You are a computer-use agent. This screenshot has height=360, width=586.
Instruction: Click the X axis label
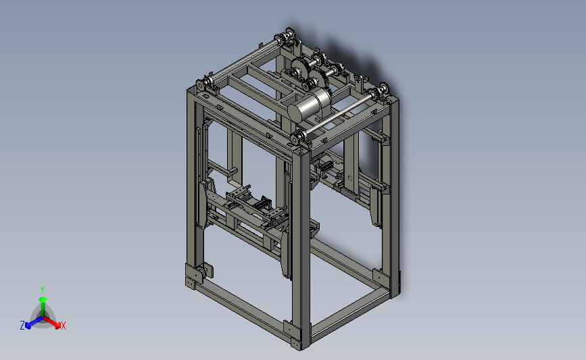pyautogui.click(x=64, y=326)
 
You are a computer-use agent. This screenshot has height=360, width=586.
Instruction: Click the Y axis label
pyautogui.click(x=43, y=290)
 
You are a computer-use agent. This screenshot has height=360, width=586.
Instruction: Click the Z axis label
pyautogui.click(x=22, y=326)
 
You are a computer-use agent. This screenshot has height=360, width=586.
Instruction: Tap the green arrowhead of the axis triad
pyautogui.click(x=43, y=299)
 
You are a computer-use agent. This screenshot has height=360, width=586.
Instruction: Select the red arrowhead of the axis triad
pyautogui.click(x=57, y=326)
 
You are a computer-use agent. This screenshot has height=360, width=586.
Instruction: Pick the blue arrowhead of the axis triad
pyautogui.click(x=28, y=326)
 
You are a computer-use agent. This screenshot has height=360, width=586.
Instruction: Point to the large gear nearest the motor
pyautogui.click(x=318, y=80)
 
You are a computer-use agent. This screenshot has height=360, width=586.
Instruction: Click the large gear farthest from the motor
pyautogui.click(x=299, y=69)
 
